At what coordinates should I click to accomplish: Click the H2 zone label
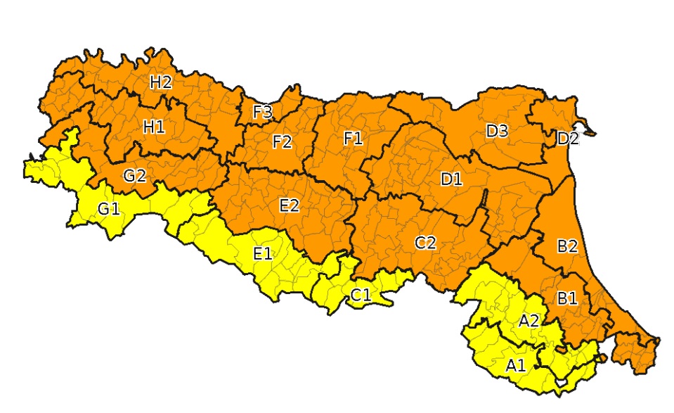click(x=161, y=82)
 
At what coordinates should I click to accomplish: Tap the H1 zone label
click(x=154, y=127)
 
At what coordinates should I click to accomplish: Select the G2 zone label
click(x=134, y=176)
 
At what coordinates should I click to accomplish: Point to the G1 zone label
click(x=109, y=209)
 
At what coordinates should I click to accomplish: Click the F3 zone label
click(x=263, y=112)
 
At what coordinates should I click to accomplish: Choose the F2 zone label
click(x=282, y=142)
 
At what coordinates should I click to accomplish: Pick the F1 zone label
click(x=353, y=139)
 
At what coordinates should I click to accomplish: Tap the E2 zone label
click(x=290, y=205)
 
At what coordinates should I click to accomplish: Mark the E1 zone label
click(x=262, y=253)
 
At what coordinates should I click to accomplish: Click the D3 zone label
click(x=497, y=131)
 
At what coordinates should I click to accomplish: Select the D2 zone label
click(x=568, y=139)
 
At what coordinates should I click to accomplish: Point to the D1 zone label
click(x=452, y=179)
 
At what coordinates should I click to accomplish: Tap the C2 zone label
click(x=425, y=243)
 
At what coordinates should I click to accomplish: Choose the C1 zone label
click(x=361, y=295)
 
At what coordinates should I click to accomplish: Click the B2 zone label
click(x=567, y=246)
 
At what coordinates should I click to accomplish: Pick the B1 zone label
click(x=567, y=298)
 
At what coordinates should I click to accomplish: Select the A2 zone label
click(x=529, y=321)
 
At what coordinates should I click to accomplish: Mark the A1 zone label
click(x=515, y=365)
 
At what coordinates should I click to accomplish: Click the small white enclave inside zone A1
click(x=560, y=382)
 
